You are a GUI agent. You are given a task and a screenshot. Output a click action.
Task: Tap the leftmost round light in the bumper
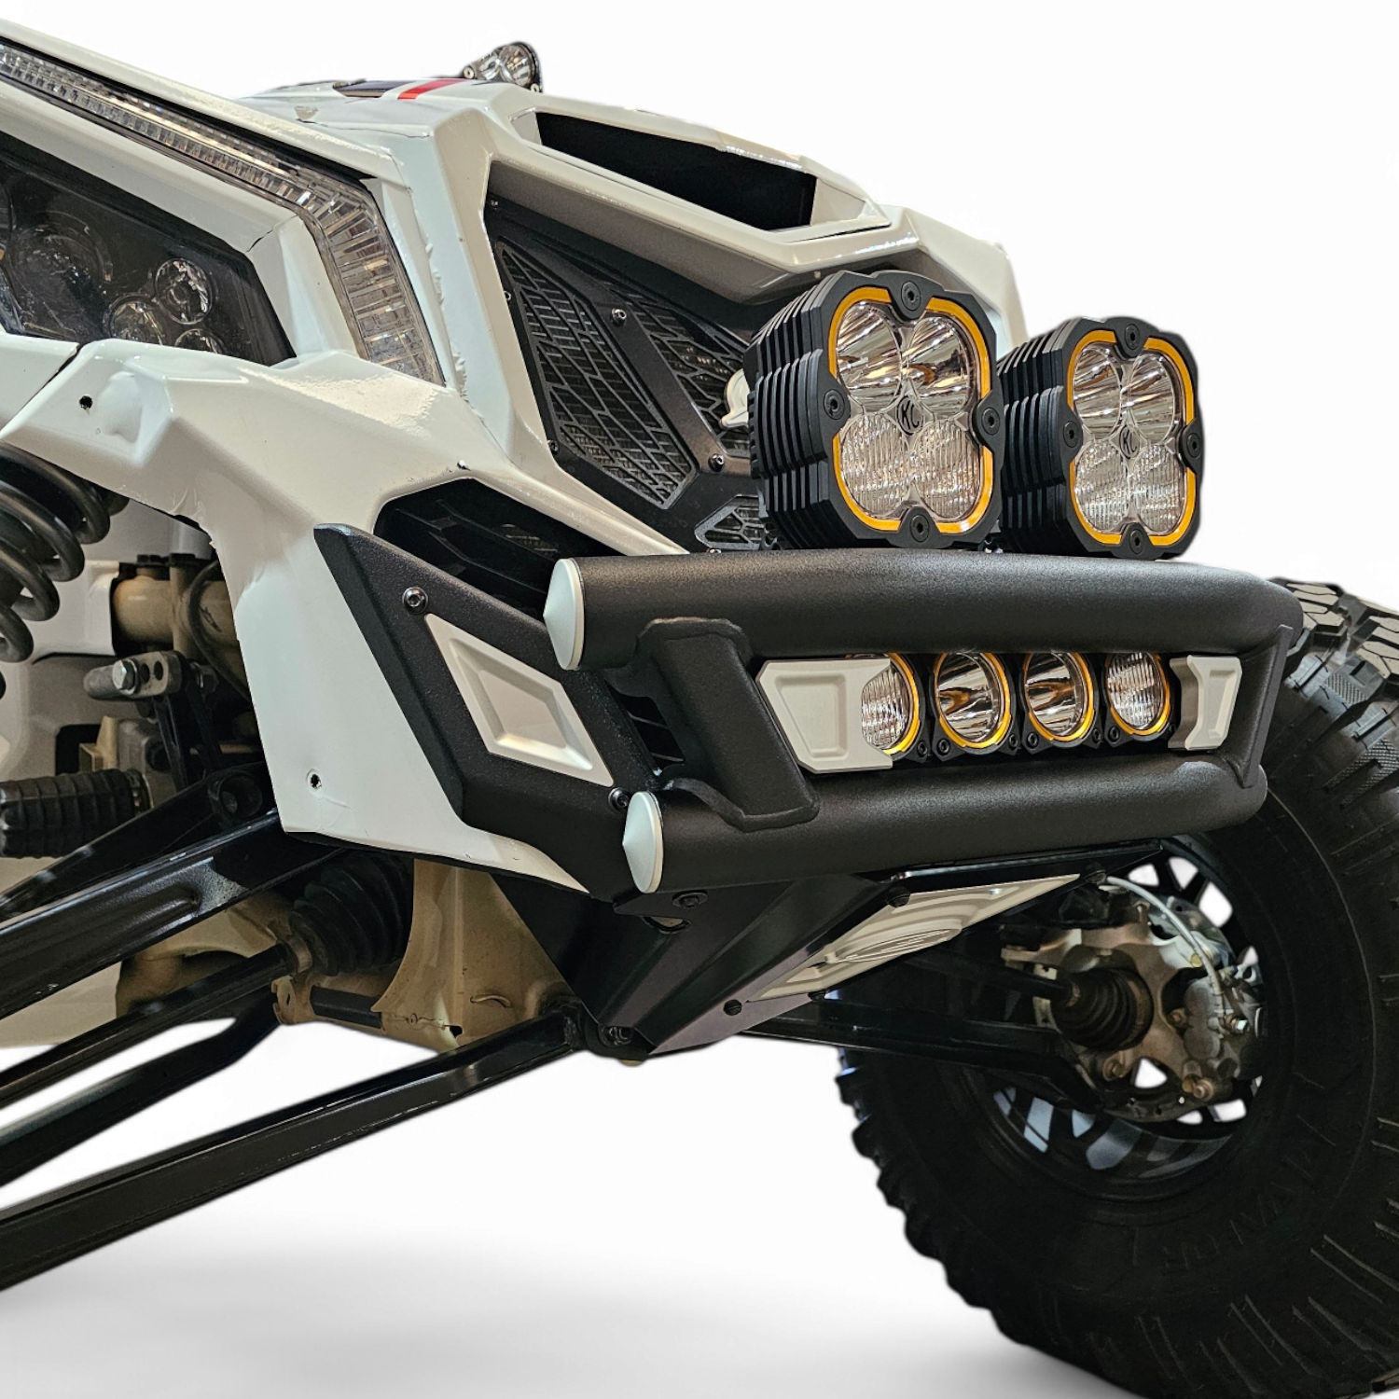coord(888,701)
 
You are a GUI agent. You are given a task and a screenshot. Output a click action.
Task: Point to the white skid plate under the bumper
coord(886,942)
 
